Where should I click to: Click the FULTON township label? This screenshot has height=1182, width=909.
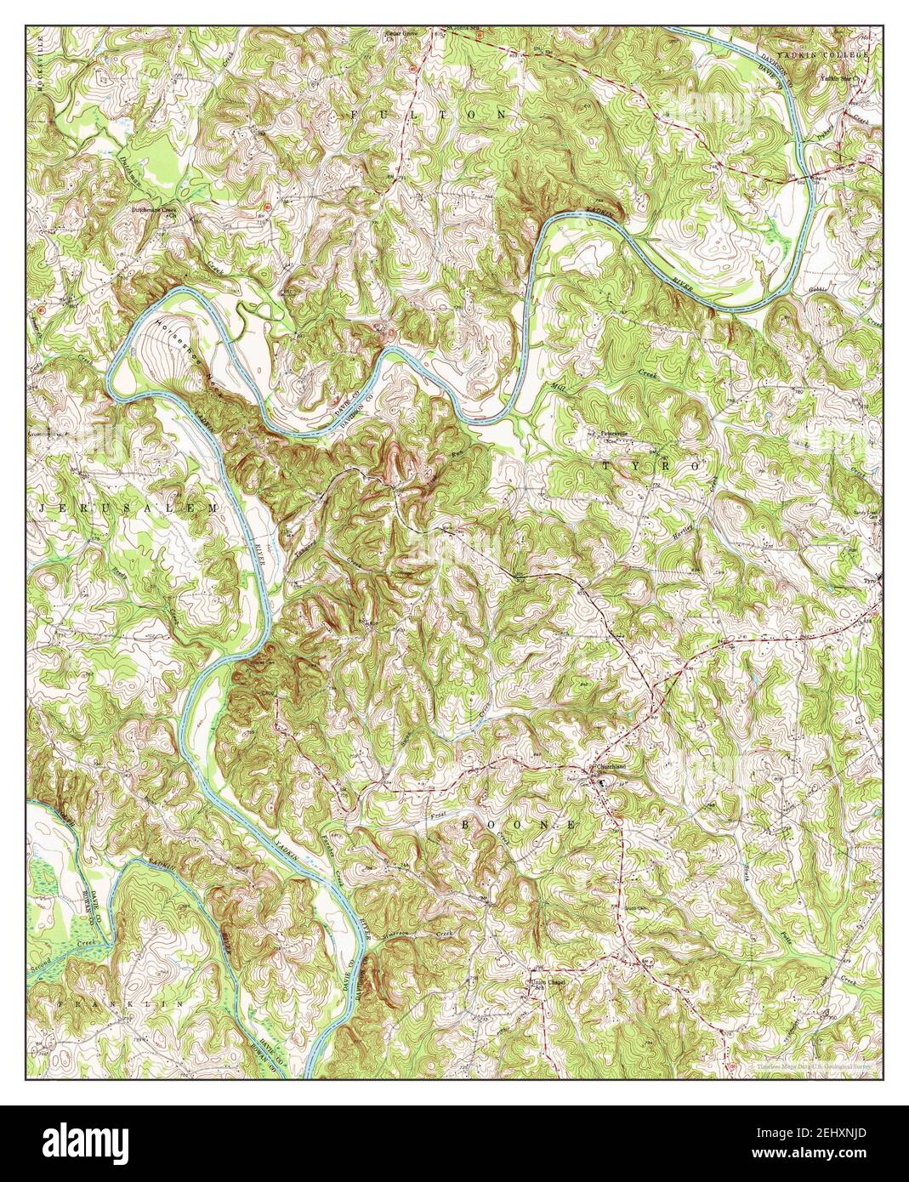click(x=428, y=113)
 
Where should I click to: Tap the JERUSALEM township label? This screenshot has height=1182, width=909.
click(x=128, y=506)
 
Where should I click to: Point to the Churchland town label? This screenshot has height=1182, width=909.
click(x=610, y=765)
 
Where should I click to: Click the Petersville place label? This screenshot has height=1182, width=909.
click(x=615, y=433)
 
